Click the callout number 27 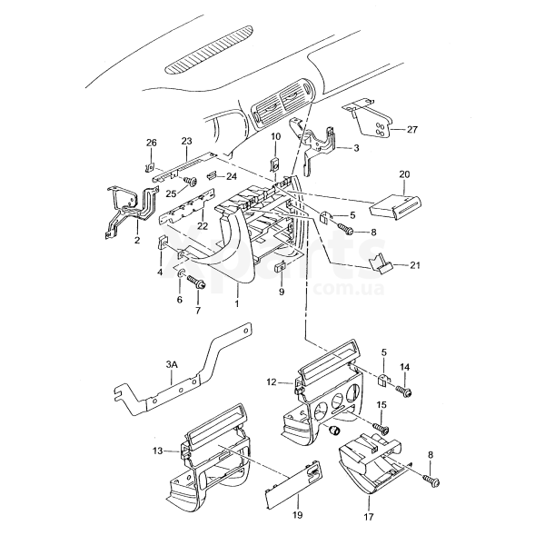coord(412,130)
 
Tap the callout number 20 coord(404,173)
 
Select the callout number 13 coord(157,450)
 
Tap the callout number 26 coord(152,142)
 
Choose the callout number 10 coord(275,136)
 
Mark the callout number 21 coord(416,265)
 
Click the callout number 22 coord(203,225)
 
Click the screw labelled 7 coord(201,285)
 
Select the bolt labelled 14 coord(405,392)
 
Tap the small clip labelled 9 coord(282,266)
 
